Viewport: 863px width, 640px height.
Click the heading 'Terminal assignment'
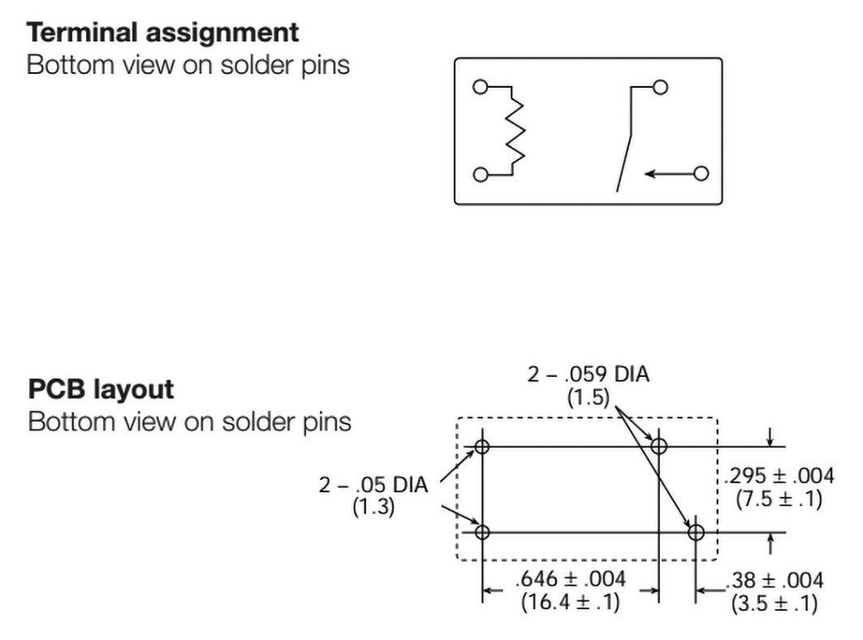(x=163, y=33)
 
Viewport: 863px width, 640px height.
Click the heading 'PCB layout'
(x=101, y=390)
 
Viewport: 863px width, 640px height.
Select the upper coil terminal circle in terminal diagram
(x=481, y=87)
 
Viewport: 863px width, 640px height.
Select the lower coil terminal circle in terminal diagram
(x=481, y=174)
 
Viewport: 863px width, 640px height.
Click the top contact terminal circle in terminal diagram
(x=660, y=87)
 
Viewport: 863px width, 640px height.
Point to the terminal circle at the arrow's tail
(x=701, y=173)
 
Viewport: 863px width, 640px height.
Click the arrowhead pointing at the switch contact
(x=649, y=173)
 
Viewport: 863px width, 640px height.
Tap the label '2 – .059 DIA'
(x=589, y=375)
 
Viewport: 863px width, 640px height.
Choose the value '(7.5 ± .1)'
(x=779, y=499)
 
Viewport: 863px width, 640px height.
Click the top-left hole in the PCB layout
(x=483, y=446)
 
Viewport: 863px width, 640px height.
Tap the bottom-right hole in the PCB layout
(x=696, y=533)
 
